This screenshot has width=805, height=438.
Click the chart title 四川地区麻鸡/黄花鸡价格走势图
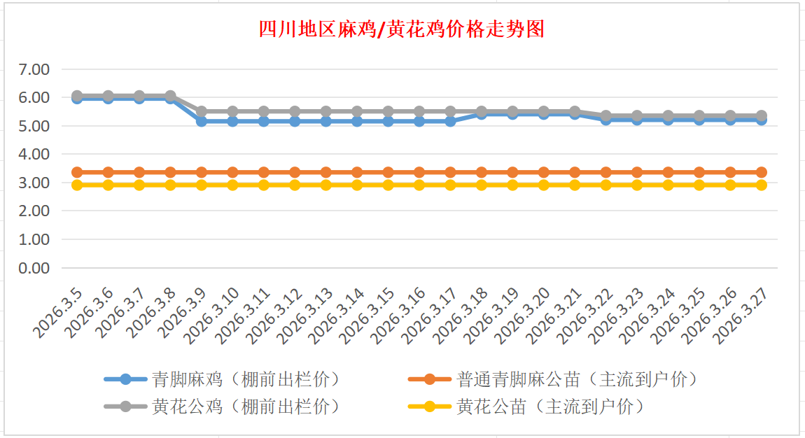tap(402, 29)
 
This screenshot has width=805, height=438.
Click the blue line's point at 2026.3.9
tap(202, 121)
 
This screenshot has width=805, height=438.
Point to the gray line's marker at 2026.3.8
tap(170, 96)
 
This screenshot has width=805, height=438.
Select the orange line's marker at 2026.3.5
tap(77, 172)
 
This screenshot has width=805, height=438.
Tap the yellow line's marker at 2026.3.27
tap(761, 185)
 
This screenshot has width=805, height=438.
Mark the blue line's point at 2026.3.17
tap(450, 121)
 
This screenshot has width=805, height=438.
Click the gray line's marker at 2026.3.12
tap(295, 111)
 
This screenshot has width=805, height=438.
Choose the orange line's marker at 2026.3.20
tap(543, 172)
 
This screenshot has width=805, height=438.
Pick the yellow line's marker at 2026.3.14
tap(357, 185)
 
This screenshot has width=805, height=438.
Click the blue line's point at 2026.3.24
tap(668, 120)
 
